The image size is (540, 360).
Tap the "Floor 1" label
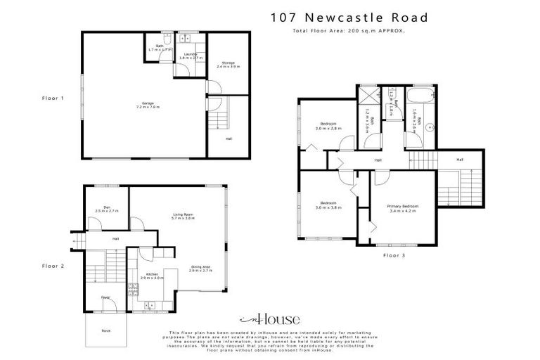tap(53, 98)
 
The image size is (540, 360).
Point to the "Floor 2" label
tap(53, 266)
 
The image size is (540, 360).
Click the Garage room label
tap(150, 105)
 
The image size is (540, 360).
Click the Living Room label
tap(182, 216)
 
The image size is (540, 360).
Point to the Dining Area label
tap(200, 268)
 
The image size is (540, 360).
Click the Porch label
tap(106, 329)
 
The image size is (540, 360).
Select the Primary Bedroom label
tap(403, 208)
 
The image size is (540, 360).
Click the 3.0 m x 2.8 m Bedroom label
tap(328, 127)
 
